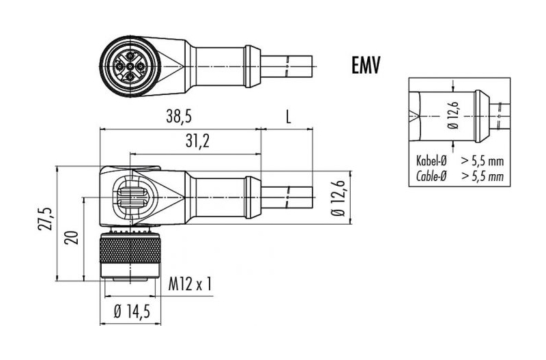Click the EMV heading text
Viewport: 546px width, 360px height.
pos(366,65)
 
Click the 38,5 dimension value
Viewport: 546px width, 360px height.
pos(179,117)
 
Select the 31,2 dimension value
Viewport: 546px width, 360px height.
pos(197,141)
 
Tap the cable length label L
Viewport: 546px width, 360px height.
pos(288,117)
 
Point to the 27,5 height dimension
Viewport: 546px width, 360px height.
pos(46,218)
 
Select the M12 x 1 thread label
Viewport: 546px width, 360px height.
pos(190,284)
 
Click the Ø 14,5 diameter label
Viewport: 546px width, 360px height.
pos(132,311)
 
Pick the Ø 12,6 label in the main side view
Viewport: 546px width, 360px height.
pos(338,198)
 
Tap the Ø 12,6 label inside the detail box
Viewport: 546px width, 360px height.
pos(454,115)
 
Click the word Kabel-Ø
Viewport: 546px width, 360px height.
pos(431,161)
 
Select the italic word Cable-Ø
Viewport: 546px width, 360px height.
pos(431,176)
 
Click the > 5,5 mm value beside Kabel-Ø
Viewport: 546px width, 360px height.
pos(483,161)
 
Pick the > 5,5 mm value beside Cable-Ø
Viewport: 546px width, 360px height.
pos(483,176)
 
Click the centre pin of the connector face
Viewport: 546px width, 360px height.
pos(130,66)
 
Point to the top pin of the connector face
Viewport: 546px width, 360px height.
pos(130,55)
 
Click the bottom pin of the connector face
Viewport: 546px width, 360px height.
pos(130,77)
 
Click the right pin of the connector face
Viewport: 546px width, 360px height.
pos(141,66)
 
